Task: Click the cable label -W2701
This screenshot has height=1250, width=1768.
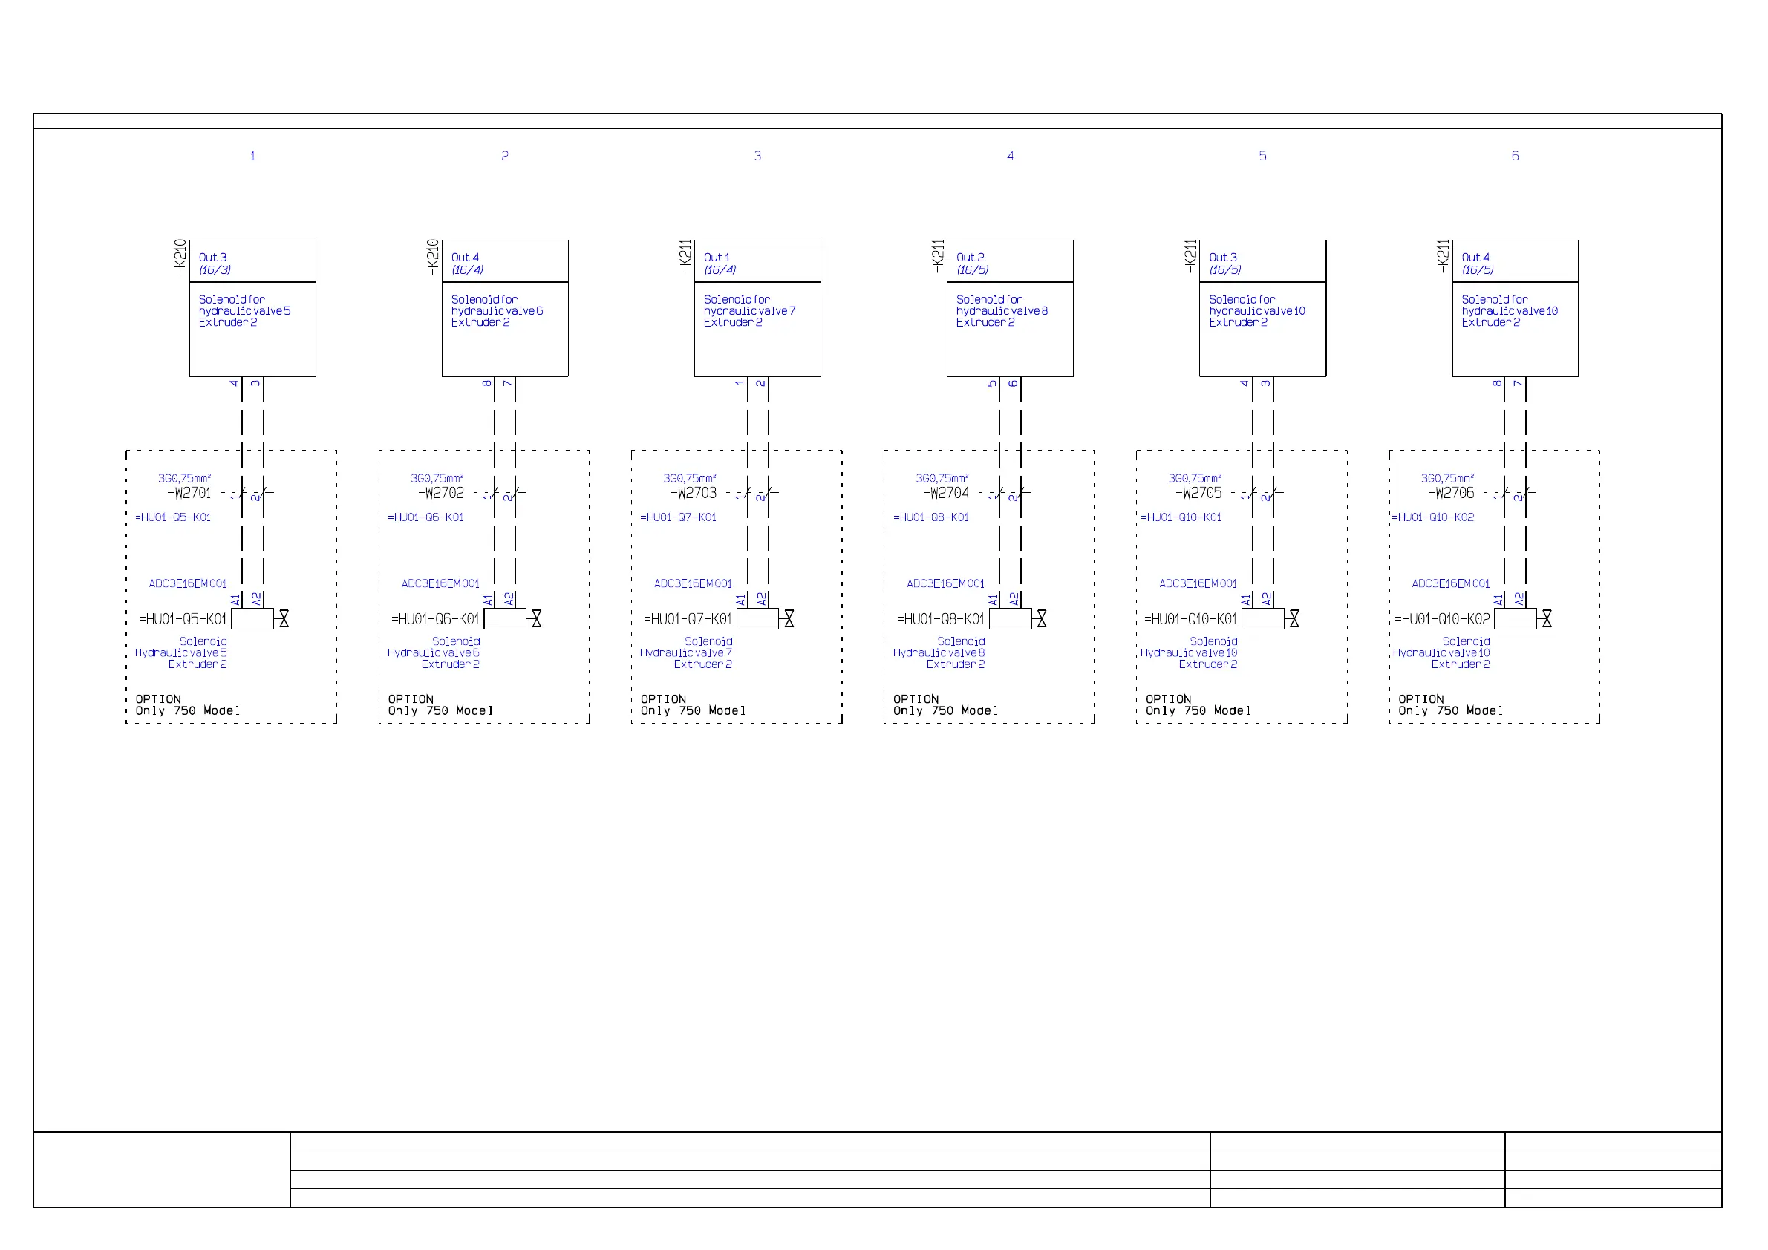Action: tap(189, 494)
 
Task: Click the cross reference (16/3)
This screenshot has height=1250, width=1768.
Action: tap(215, 270)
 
